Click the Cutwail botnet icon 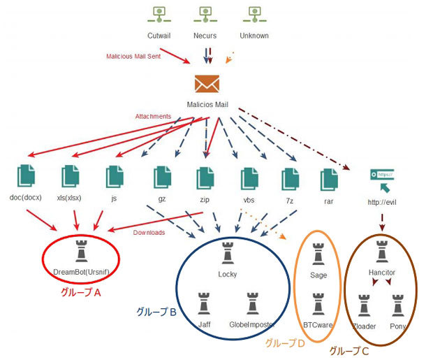tap(159, 15)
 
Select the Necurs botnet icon tap(205, 15)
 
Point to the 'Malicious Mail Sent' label tap(133, 57)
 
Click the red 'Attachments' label tap(152, 116)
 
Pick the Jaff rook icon tap(203, 304)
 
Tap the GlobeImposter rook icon tap(253, 304)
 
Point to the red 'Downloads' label tap(149, 233)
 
